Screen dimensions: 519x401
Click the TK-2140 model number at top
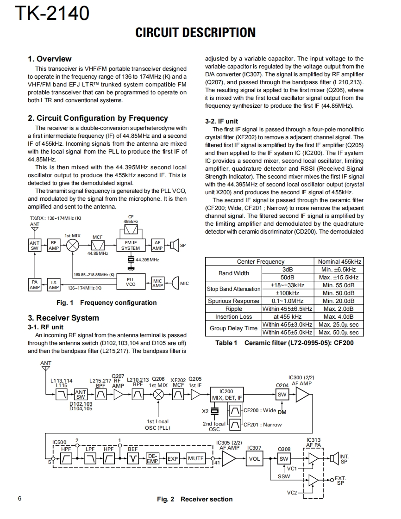[52, 13]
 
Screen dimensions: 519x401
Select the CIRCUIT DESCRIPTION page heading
[195, 33]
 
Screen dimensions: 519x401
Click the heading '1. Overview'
[50, 59]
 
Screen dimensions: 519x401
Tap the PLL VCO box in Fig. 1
[131, 282]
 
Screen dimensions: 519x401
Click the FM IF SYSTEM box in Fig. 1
[131, 245]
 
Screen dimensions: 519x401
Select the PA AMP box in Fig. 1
[35, 284]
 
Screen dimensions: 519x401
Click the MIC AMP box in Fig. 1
[157, 283]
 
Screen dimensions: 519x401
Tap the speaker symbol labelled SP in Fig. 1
[175, 245]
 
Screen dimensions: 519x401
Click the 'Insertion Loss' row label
[233, 317]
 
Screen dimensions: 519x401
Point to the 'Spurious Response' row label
[233, 301]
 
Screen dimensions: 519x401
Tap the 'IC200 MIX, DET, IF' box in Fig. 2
[226, 395]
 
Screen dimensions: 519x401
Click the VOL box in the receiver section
[254, 459]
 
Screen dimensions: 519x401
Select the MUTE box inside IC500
[195, 458]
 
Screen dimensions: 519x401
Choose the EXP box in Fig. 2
[173, 458]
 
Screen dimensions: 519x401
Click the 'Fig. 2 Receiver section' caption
[194, 499]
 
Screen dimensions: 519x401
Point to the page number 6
[19, 499]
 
